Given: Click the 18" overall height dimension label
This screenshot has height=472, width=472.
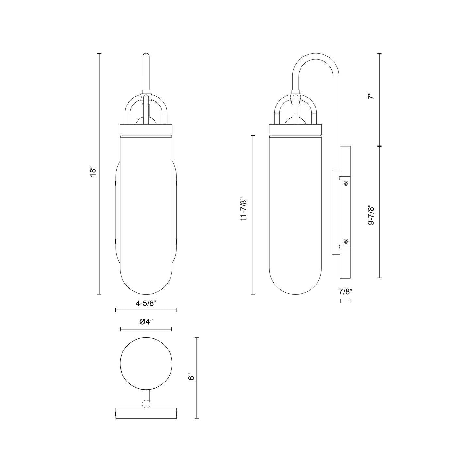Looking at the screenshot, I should tap(93, 173).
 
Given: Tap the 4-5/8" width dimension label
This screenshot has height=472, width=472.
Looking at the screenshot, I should tap(146, 303).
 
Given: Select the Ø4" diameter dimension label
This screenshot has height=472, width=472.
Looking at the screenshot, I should tap(146, 321).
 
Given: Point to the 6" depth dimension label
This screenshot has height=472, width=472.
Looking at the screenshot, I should tap(191, 377).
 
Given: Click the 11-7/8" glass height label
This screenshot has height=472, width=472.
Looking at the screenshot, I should tap(243, 209).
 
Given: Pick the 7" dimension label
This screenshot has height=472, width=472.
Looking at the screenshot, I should tap(370, 96).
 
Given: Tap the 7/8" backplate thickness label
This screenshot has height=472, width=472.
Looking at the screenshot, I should tap(345, 291).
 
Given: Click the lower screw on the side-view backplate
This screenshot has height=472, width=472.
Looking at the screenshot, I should tap(346, 242).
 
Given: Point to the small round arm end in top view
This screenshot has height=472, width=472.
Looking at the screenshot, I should tap(146, 404).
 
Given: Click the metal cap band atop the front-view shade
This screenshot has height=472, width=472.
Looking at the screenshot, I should tap(146, 130).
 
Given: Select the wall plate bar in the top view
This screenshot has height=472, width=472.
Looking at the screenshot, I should tap(146, 413).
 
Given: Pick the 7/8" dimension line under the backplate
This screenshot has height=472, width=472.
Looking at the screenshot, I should tap(345, 301).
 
